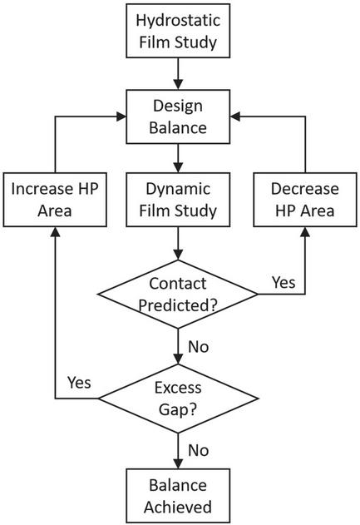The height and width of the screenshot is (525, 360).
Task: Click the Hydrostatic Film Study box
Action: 178,31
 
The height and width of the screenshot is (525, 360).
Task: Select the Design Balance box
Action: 178,116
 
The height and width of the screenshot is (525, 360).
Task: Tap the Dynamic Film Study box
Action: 178,200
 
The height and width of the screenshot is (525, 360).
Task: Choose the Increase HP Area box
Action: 55,200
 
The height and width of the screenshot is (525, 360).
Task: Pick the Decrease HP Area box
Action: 305,200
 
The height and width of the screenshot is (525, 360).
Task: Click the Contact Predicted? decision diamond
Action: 178,294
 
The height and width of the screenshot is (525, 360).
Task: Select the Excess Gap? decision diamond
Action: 178,399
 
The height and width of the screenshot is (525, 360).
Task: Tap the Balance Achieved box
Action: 178,496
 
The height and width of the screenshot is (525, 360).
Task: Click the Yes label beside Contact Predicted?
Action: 284,282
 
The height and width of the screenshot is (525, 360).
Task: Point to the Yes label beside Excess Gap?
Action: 79,383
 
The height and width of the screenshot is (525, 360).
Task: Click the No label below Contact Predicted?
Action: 199,347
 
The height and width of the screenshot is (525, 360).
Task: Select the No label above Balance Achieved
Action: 199,450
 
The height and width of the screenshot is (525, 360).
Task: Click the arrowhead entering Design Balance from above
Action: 178,84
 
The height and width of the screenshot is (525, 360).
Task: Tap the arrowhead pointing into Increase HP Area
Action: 55,232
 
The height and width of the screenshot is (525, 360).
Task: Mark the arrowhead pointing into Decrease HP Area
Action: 305,232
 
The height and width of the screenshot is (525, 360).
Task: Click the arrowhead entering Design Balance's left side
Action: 121,116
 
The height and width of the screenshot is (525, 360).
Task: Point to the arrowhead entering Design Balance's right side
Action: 235,116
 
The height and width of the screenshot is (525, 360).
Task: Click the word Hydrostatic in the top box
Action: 178,21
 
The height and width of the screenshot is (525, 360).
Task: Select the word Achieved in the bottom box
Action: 178,507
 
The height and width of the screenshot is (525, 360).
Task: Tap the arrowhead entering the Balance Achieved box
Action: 178,463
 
